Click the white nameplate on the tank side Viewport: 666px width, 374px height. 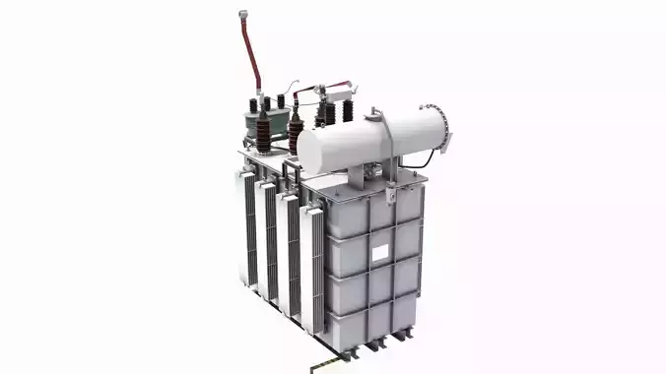380,253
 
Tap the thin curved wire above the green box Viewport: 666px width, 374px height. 286,90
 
